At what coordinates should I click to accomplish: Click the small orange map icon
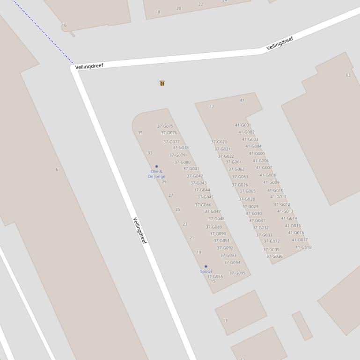pyautogui.click(x=162, y=83)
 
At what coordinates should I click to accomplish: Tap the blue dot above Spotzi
pyautogui.click(x=206, y=266)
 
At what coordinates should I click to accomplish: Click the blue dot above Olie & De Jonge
pyautogui.click(x=156, y=166)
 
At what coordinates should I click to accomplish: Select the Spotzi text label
pyautogui.click(x=206, y=272)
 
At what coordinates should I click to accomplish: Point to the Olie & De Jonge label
pyautogui.click(x=156, y=174)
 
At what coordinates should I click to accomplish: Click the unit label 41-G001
pyautogui.click(x=243, y=125)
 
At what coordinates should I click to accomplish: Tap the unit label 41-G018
pyautogui.click(x=303, y=247)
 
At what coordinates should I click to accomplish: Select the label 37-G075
pyautogui.click(x=165, y=126)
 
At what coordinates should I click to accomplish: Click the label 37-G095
pyautogui.click(x=237, y=273)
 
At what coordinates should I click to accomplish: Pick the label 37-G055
pyautogui.click(x=215, y=276)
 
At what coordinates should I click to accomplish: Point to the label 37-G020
pyautogui.click(x=219, y=142)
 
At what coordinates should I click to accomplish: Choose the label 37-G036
pyautogui.click(x=274, y=256)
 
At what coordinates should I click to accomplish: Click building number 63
pyautogui.click(x=348, y=75)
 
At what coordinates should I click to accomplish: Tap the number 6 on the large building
pyautogui.click(x=57, y=169)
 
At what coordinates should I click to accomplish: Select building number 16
pyautogui.click(x=64, y=25)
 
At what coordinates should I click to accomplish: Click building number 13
pyautogui.click(x=225, y=321)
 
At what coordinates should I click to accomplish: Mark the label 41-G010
pyautogui.click(x=275, y=190)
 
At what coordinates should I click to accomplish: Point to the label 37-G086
pyautogui.click(x=203, y=205)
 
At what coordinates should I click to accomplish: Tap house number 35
pyautogui.click(x=140, y=133)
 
